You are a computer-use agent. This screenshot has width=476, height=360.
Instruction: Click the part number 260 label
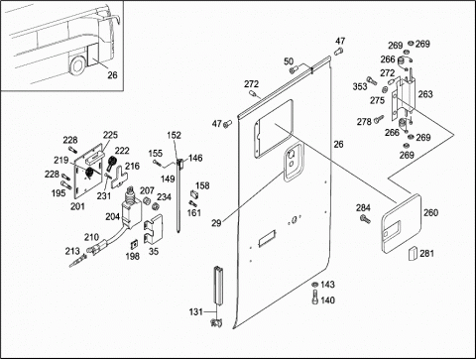click(430, 212)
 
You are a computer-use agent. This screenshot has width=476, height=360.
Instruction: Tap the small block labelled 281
click(413, 253)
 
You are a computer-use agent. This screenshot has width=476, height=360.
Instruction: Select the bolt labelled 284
click(365, 218)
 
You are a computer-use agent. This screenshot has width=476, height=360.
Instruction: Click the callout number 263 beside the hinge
click(425, 94)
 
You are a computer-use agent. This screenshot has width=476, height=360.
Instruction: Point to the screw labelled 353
click(371, 80)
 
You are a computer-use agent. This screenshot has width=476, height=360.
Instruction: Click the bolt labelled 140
click(315, 297)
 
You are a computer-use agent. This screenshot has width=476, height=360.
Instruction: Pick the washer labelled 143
click(315, 284)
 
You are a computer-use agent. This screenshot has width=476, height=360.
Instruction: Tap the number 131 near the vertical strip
click(195, 311)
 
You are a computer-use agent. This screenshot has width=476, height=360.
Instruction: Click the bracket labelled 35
click(153, 229)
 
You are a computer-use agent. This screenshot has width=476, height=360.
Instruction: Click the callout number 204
click(112, 216)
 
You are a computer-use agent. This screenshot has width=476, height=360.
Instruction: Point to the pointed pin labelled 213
click(78, 261)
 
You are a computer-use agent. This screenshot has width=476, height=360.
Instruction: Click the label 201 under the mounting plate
click(77, 206)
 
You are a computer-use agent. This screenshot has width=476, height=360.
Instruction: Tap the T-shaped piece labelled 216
click(119, 177)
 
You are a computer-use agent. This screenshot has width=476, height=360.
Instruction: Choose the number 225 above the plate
click(110, 135)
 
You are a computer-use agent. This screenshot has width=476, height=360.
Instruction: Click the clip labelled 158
click(194, 194)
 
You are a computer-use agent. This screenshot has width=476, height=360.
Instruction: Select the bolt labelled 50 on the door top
click(294, 69)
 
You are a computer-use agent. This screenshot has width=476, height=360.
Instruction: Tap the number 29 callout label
click(216, 223)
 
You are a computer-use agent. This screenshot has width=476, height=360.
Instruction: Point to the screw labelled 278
click(379, 119)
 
